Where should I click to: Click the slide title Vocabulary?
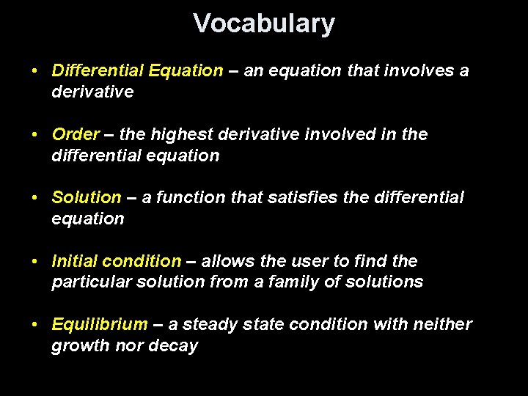[x=264, y=24]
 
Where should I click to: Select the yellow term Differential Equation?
[x=137, y=71]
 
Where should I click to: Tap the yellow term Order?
[x=76, y=135]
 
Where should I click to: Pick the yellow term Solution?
[x=87, y=198]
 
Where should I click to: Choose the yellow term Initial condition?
[x=116, y=262]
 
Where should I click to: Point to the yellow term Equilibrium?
[x=100, y=325]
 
